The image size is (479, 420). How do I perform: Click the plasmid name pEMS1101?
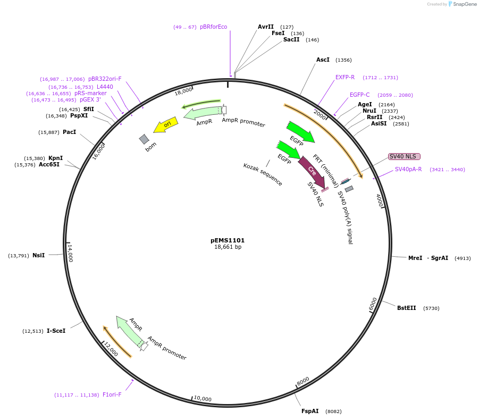click(x=228, y=240)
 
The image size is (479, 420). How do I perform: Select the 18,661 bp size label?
click(x=228, y=247)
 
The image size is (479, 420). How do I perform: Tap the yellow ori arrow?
click(x=166, y=125)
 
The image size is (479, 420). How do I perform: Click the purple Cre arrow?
click(x=312, y=172)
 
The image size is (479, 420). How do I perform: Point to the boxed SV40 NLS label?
click(x=404, y=156)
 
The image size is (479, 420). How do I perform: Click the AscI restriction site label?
click(x=323, y=60)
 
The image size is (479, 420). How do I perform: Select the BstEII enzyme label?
click(x=406, y=308)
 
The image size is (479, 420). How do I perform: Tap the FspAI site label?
click(x=310, y=411)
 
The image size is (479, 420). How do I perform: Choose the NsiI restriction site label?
click(x=38, y=256)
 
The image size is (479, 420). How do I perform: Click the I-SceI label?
click(x=56, y=331)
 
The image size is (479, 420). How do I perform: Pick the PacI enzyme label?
click(x=69, y=132)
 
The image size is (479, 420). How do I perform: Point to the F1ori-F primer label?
click(x=112, y=394)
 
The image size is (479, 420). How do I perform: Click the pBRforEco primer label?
click(x=213, y=27)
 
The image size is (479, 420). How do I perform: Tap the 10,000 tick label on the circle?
click(x=202, y=399)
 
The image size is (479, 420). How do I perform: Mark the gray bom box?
click(x=144, y=139)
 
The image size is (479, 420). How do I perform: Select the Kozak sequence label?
click(x=263, y=174)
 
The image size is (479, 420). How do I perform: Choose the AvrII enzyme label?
click(x=265, y=27)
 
